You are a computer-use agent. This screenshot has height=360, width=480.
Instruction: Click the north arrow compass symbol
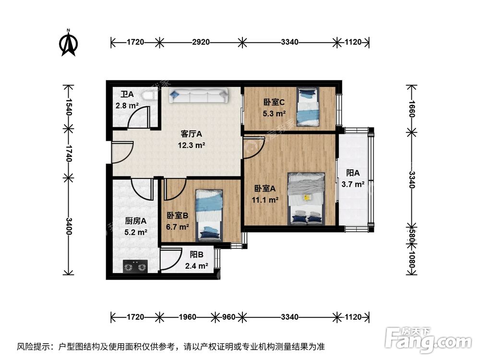click(69, 43)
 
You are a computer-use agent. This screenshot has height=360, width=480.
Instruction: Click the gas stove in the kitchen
click(135, 266)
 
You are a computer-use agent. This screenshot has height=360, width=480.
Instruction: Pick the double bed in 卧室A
click(306, 198)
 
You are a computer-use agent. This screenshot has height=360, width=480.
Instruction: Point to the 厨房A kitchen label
click(135, 221)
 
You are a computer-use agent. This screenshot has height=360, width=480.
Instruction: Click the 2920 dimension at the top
click(201, 42)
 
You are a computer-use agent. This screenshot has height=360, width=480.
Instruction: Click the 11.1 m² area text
click(265, 200)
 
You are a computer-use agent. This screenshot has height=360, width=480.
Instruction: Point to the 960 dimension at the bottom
click(228, 317)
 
